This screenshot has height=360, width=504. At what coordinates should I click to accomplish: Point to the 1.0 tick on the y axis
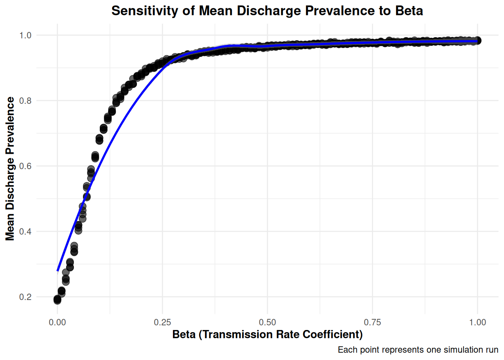pos(25,35)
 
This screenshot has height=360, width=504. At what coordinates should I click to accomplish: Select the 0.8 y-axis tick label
pos(25,100)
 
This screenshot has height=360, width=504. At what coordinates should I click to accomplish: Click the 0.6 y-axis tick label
pos(25,166)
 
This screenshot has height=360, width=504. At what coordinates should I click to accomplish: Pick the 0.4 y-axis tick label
pos(25,231)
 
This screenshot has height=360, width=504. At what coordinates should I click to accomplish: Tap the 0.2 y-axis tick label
pos(25,297)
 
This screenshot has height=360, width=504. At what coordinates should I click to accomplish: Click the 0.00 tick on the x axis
pos(57,322)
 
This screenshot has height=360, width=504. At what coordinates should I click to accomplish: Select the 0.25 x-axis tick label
pos(162,322)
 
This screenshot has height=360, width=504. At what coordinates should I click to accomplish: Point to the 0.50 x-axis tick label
pos(267,322)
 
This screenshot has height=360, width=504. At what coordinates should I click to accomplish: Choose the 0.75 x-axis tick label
pos(372,322)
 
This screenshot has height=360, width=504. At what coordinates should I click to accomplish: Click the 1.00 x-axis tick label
pos(477,322)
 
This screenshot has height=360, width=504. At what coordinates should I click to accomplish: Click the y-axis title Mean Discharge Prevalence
pos(10,168)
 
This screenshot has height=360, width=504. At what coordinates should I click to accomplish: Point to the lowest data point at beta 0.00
pos(57,300)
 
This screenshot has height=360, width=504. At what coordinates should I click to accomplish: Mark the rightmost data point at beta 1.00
pos(477,40)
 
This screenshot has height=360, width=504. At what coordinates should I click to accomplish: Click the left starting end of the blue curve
pos(58,270)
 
